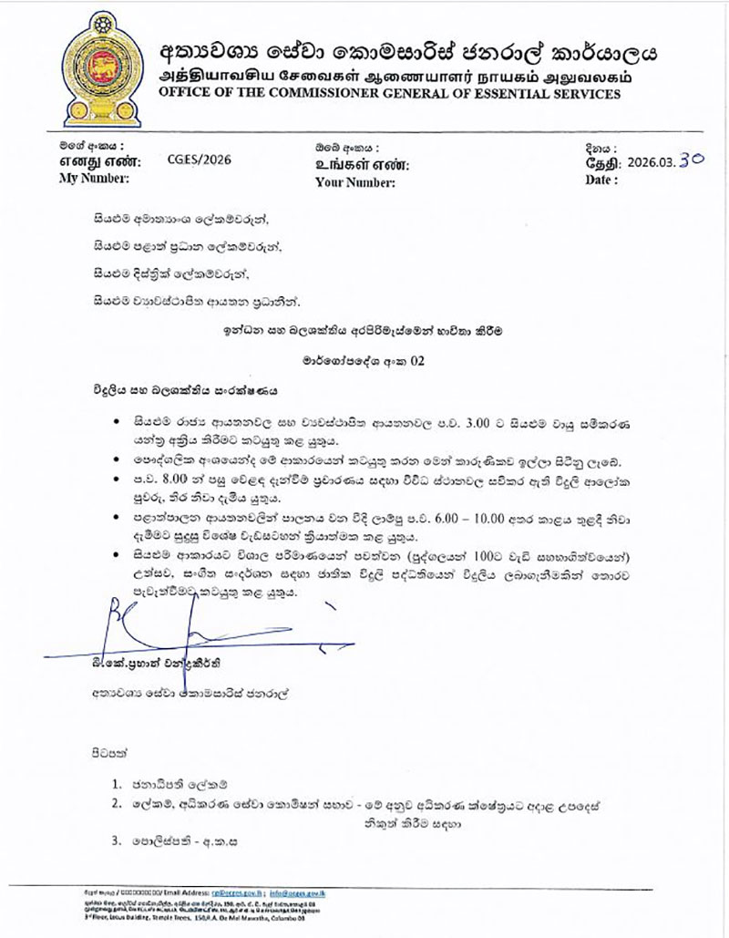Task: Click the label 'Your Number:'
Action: tap(354, 181)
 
